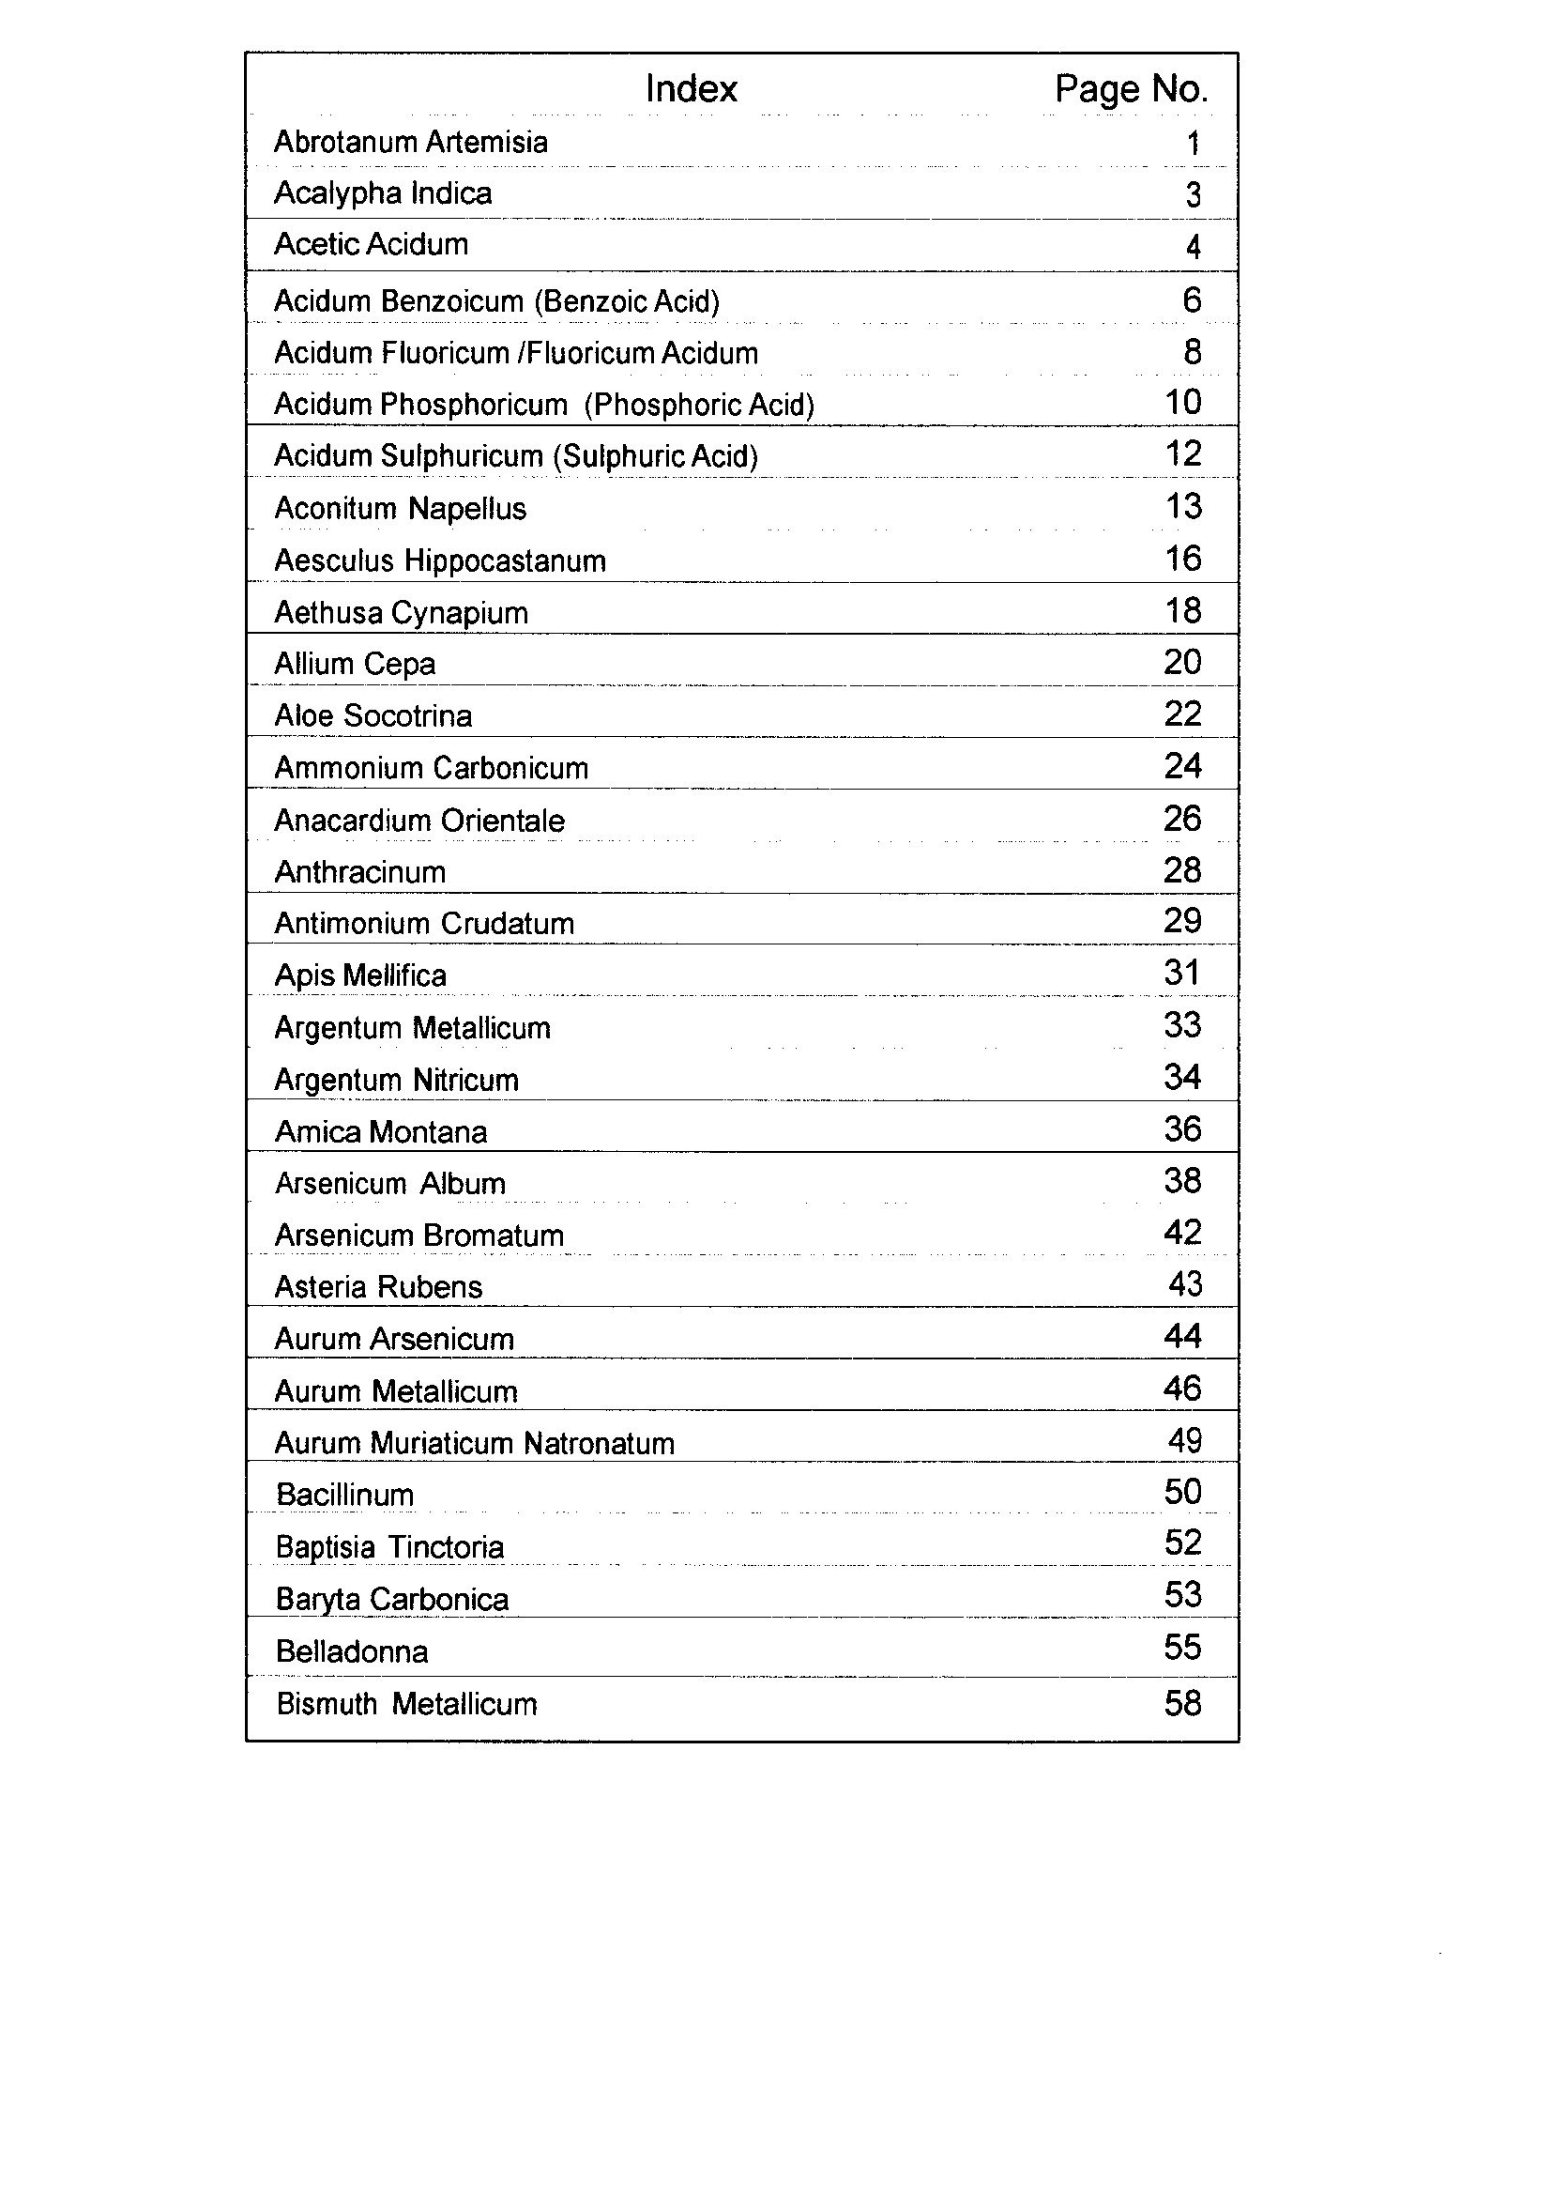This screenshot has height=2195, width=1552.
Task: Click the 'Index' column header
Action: coord(691,89)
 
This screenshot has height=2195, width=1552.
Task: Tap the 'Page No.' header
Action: coord(1131,89)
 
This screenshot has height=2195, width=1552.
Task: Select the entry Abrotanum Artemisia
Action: coord(411,143)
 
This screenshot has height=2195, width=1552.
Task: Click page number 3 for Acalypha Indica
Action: coord(1193,195)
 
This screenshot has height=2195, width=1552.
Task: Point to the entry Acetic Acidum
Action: coord(371,245)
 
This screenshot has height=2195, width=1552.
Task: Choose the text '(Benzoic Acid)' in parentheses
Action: coord(627,302)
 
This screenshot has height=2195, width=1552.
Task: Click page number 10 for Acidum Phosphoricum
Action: coord(1183,403)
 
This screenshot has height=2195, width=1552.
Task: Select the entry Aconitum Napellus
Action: coord(401,509)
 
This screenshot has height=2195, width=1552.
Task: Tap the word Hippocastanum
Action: coord(506,561)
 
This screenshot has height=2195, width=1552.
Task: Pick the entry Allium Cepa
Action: coord(355,665)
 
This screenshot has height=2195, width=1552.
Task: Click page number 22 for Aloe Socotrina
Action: coord(1182,714)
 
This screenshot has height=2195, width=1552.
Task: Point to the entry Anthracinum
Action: coord(360,872)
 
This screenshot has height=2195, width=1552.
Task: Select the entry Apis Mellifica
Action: coord(360,976)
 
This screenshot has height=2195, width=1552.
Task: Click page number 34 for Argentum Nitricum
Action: coord(1182,1078)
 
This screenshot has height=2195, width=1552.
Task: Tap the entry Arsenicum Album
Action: coord(390,1184)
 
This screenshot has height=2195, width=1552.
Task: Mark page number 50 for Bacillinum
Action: coord(1182,1493)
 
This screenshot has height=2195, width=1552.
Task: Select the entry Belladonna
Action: coord(352,1652)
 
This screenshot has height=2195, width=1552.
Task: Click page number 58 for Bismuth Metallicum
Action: coord(1182,1704)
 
